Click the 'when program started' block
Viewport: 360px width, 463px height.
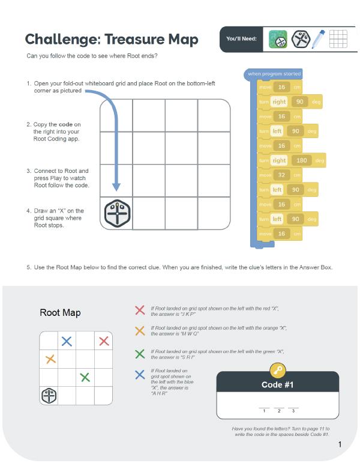point(274,74)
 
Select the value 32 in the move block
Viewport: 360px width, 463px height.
point(281,175)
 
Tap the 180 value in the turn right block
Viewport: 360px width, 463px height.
point(301,160)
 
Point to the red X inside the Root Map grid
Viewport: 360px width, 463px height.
point(104,341)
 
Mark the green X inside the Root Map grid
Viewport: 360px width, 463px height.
point(85,377)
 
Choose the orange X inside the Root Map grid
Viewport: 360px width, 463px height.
point(50,360)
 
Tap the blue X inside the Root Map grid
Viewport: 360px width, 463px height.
point(67,341)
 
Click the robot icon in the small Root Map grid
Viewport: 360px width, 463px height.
point(49,395)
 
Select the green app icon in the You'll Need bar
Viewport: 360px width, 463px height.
point(278,39)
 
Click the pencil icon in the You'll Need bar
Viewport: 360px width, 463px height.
point(319,39)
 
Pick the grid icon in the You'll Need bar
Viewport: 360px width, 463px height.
point(339,39)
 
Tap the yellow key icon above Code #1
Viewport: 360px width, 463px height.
point(277,370)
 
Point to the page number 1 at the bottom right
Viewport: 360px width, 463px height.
point(340,444)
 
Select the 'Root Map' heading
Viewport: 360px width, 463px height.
point(60,313)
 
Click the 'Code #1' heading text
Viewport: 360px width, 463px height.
point(277,384)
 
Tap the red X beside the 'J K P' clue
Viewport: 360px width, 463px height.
point(140,310)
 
